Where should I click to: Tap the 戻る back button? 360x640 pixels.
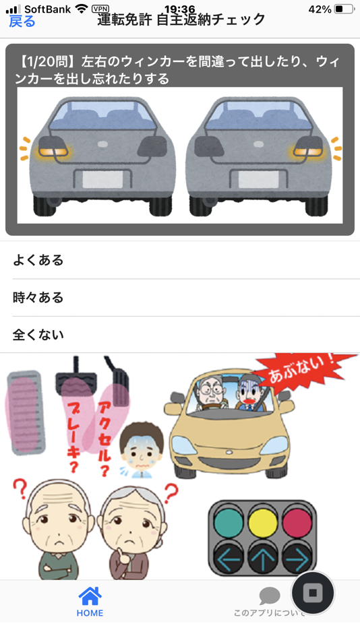[22, 21]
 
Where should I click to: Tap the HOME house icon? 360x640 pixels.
[90, 596]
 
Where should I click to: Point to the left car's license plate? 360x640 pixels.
[102, 179]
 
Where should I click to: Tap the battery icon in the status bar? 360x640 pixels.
[343, 9]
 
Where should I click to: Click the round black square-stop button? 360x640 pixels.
[313, 593]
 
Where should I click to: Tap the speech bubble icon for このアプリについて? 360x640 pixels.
[270, 596]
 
